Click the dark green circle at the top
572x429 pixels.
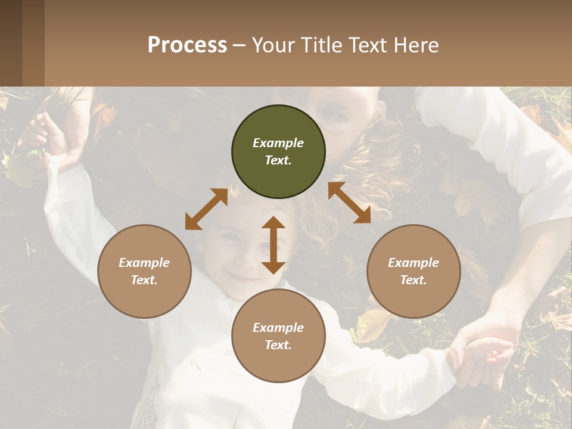(x=278, y=152)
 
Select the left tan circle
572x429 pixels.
(x=144, y=272)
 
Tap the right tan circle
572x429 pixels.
(x=414, y=272)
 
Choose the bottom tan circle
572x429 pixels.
(x=278, y=337)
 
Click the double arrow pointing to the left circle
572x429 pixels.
(x=206, y=209)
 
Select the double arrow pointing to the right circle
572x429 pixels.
(x=349, y=203)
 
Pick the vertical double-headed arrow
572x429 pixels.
(x=273, y=245)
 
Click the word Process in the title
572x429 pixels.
(x=187, y=45)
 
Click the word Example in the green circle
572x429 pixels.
(x=278, y=143)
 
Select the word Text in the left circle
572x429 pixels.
(x=143, y=280)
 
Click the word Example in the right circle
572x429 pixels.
(x=414, y=263)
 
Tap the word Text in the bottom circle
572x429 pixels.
(x=277, y=345)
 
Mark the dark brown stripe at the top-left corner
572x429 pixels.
(x=11, y=43)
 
